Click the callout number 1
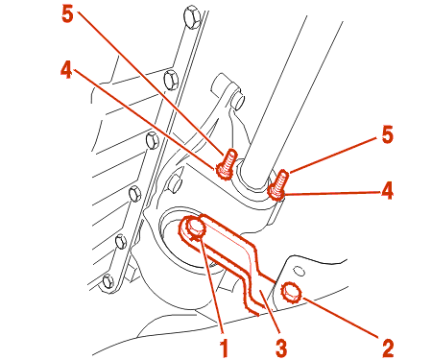click(x=224, y=348)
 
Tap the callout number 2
click(x=388, y=348)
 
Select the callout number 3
click(x=281, y=348)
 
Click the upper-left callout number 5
click(x=67, y=14)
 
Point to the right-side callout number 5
click(x=387, y=134)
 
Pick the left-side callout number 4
click(x=66, y=69)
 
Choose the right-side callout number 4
click(x=387, y=190)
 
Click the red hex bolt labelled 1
click(x=194, y=228)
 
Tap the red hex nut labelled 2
click(x=291, y=293)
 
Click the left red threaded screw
click(x=227, y=164)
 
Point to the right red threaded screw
click(x=278, y=185)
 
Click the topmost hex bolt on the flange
click(x=193, y=17)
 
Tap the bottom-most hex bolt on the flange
click(x=108, y=282)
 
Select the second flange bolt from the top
click(x=170, y=79)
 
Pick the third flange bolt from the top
click(x=152, y=141)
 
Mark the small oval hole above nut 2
click(x=300, y=271)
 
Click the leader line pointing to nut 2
click(x=341, y=317)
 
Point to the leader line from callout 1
click(x=212, y=285)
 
